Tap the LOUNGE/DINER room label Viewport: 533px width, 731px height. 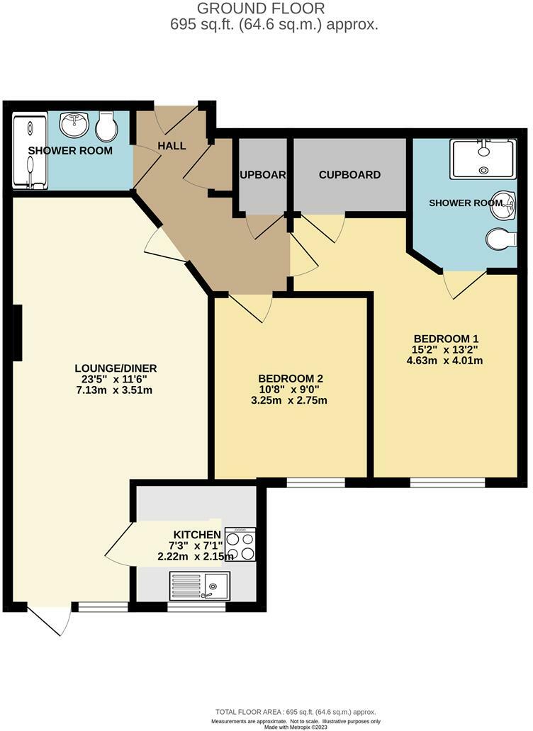click(x=116, y=368)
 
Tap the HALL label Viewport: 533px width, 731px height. click(x=172, y=146)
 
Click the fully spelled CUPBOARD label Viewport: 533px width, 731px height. click(x=349, y=175)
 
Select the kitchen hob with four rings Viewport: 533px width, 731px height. click(x=240, y=545)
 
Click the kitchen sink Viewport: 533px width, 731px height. click(x=198, y=586)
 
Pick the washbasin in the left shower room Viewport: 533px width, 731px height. click(x=74, y=125)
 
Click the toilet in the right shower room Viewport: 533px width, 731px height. click(x=502, y=239)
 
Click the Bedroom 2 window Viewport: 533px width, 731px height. click(x=316, y=483)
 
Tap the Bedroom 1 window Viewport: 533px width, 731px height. click(x=447, y=483)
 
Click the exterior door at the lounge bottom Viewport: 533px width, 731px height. click(x=49, y=618)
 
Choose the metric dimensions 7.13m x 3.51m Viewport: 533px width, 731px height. click(x=116, y=390)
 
